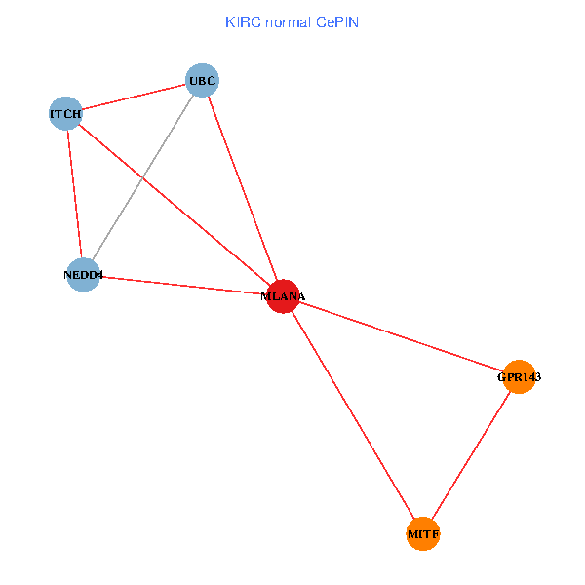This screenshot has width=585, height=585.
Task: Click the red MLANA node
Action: click(x=282, y=295)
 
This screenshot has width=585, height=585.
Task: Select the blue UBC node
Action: click(x=202, y=80)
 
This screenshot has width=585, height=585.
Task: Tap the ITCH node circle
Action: click(x=65, y=114)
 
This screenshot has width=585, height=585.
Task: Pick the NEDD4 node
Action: click(x=84, y=275)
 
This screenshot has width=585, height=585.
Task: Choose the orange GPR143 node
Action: click(x=520, y=376)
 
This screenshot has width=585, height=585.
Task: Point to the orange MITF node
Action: click(x=422, y=534)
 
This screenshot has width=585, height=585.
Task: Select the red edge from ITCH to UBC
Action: click(x=134, y=97)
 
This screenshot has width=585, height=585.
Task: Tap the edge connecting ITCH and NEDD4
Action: click(x=74, y=193)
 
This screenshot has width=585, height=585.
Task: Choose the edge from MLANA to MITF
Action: click(x=351, y=413)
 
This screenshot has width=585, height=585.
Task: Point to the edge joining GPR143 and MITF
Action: click(x=471, y=455)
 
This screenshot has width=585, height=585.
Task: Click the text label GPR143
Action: click(x=519, y=376)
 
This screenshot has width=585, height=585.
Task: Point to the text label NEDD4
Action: click(x=83, y=275)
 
